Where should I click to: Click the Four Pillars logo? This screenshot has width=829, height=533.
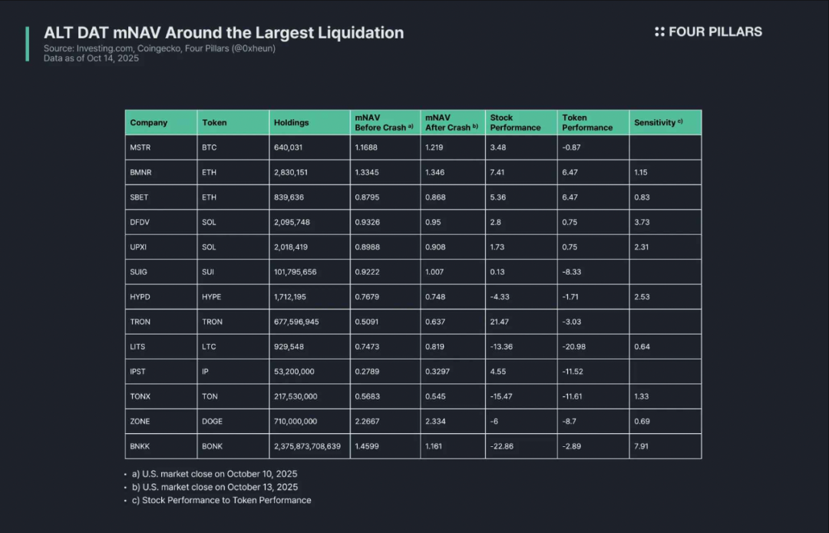[708, 31]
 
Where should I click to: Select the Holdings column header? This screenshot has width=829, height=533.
[291, 123]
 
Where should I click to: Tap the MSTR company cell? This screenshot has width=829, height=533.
[140, 147]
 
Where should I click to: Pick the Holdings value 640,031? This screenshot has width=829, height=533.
[289, 147]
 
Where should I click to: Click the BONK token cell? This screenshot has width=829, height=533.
[212, 446]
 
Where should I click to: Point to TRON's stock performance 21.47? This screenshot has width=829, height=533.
[500, 322]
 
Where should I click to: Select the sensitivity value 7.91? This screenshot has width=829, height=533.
[642, 446]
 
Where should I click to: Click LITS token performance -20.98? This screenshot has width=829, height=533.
[573, 346]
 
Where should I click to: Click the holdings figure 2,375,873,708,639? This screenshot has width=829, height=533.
[307, 446]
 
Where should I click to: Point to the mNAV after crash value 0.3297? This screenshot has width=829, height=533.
[438, 372]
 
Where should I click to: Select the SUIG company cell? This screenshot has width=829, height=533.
[140, 272]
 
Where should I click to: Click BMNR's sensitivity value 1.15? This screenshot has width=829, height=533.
[642, 173]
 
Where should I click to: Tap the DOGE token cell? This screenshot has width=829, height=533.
[212, 422]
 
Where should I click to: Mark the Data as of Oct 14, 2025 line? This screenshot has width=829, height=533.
[91, 58]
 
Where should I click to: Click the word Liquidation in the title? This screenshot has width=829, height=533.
[356, 33]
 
